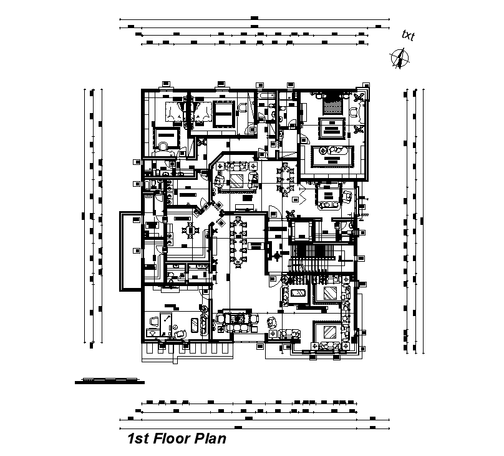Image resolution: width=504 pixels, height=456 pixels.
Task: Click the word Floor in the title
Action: tap(168, 439)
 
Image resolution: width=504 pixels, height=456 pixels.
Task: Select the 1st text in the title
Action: tap(137, 439)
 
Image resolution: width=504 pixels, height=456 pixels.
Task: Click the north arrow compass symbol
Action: tap(399, 58)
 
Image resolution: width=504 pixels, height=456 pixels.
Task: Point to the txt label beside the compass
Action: tap(408, 36)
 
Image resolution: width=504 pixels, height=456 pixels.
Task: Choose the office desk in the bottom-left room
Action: tap(167, 324)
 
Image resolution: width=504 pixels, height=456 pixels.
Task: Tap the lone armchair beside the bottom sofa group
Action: tap(272, 322)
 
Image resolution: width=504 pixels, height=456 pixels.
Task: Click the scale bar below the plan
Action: tap(106, 380)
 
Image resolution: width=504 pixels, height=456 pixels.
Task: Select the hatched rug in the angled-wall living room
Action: tap(236, 181)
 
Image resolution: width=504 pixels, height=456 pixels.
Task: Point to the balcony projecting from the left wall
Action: tap(128, 250)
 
